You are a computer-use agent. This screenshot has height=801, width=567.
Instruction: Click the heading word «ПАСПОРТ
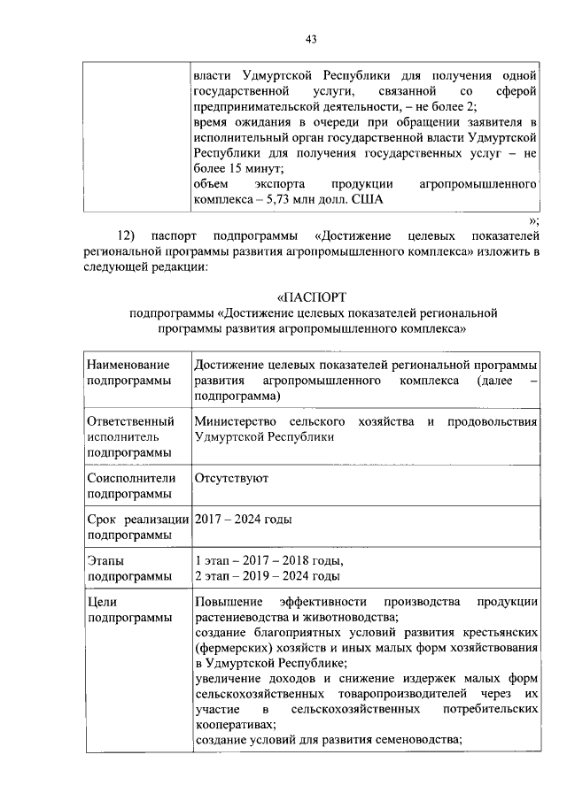click(310, 297)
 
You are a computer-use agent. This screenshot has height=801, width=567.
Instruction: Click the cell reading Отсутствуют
click(231, 478)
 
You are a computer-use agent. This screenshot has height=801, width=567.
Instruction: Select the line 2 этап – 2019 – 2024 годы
click(268, 577)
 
